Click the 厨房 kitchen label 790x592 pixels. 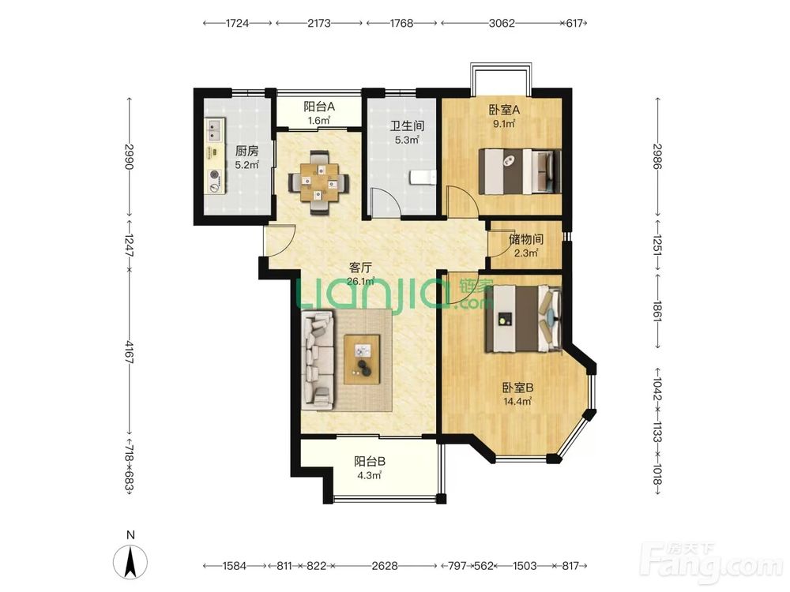[246, 151]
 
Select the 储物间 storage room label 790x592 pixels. [525, 239]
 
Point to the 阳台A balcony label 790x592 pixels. [319, 107]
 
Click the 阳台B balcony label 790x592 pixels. [370, 461]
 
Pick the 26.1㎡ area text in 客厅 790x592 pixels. [361, 281]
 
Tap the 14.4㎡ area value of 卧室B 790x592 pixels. [517, 401]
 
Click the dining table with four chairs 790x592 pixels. [318, 182]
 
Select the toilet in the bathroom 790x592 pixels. [422, 177]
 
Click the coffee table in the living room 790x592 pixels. [361, 359]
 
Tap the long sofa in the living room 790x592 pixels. [318, 359]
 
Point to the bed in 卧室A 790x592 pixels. [520, 171]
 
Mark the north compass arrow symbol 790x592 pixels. [130, 562]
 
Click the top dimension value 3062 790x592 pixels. [502, 23]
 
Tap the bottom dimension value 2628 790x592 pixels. [385, 566]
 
